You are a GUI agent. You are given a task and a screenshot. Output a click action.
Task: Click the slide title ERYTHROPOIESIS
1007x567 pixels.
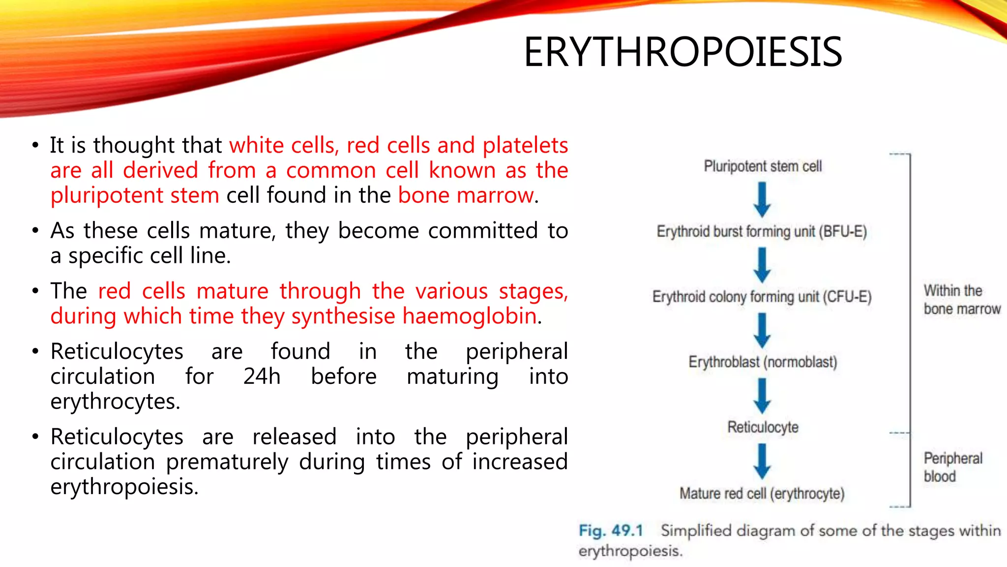click(x=682, y=52)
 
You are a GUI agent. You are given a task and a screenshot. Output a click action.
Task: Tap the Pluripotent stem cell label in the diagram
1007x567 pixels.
click(x=763, y=166)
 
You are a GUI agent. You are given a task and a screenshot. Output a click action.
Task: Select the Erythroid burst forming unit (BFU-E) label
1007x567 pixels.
click(x=762, y=231)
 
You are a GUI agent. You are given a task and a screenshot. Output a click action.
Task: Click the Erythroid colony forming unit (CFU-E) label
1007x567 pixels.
click(x=762, y=297)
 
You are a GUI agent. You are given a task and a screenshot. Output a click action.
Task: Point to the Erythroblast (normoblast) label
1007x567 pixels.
click(x=763, y=362)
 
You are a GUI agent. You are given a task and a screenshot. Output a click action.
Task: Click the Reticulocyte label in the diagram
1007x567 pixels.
click(x=763, y=427)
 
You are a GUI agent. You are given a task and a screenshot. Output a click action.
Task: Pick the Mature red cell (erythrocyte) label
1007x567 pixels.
click(x=762, y=493)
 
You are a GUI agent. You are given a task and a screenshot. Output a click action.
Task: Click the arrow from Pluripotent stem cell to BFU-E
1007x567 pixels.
click(x=762, y=199)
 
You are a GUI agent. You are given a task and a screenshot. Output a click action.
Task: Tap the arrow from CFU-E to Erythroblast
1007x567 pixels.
click(x=762, y=330)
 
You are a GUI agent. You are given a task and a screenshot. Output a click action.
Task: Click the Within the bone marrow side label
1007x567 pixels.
click(x=961, y=300)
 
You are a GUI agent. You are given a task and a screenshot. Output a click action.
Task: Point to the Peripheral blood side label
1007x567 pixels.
click(x=952, y=467)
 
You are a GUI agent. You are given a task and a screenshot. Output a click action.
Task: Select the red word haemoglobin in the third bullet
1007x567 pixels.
click(x=469, y=316)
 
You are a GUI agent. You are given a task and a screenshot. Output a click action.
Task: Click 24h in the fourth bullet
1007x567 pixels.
click(x=262, y=377)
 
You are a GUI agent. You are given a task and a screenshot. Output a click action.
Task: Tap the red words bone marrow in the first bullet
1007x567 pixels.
click(x=465, y=195)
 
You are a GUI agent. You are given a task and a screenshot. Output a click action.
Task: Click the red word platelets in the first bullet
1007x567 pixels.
click(x=525, y=146)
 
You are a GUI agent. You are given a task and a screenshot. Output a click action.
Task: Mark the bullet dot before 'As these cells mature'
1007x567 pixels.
click(x=35, y=230)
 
